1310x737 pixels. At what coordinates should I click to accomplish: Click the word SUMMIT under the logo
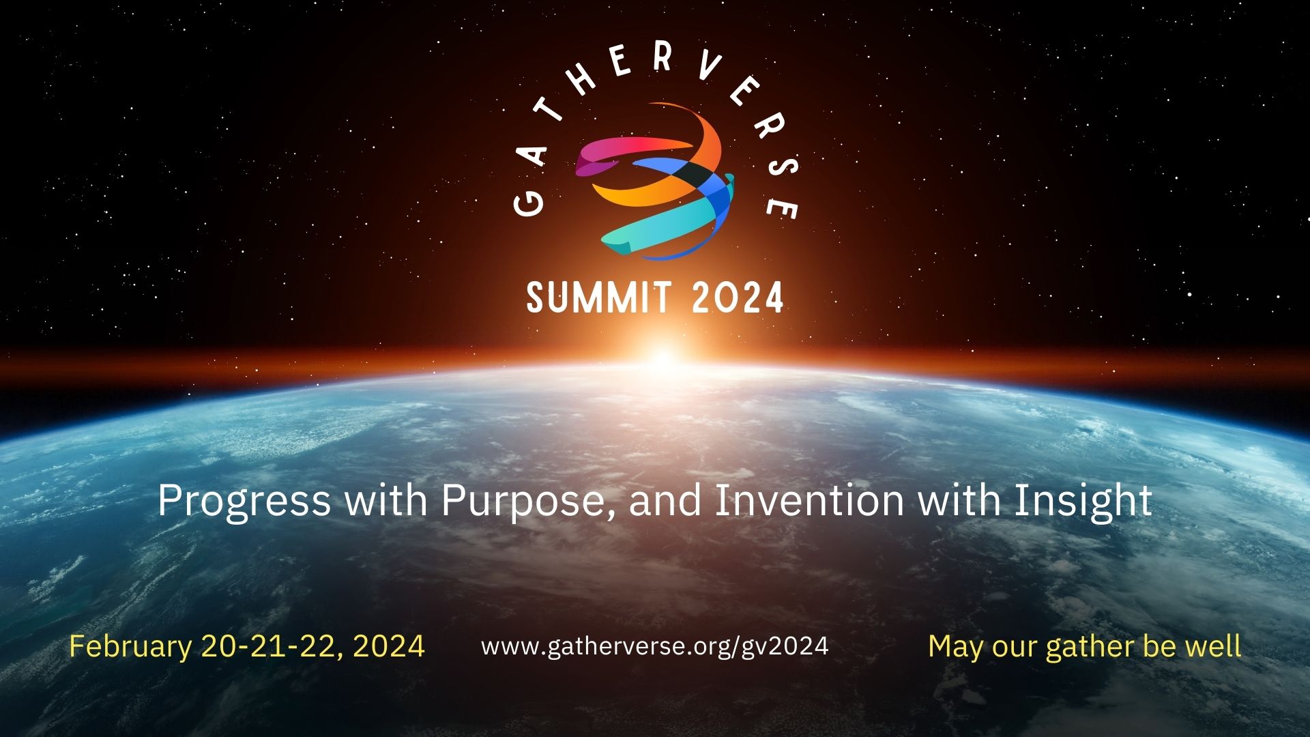pos(598,298)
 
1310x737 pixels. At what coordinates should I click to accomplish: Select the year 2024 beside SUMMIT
pos(738,298)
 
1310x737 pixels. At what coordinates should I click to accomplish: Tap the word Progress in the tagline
pos(244,501)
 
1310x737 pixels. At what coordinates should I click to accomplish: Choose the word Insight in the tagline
pos(1083,501)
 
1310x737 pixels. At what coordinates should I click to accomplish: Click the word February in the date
pos(130,646)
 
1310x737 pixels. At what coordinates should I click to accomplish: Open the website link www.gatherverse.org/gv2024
pos(654,646)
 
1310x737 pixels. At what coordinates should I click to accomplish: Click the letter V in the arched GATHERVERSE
pos(710,67)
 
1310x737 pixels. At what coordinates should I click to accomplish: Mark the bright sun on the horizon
pos(662,358)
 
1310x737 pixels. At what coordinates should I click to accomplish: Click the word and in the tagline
pos(665,501)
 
